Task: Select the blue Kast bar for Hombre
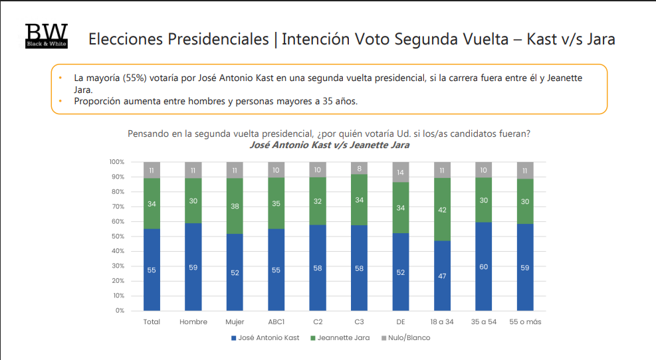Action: (193, 266)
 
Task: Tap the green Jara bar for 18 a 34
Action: (443, 209)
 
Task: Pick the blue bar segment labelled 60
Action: (484, 266)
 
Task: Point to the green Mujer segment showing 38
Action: (235, 206)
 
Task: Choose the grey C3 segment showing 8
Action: (360, 168)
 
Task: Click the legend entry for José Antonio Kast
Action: (265, 338)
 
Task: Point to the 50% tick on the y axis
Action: (117, 236)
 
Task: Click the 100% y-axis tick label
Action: (116, 162)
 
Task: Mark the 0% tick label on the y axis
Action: (118, 311)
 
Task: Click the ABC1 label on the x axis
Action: (276, 322)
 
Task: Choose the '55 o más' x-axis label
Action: (525, 322)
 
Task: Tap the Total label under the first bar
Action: (152, 322)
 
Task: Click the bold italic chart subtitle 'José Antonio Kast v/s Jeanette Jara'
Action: (329, 145)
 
